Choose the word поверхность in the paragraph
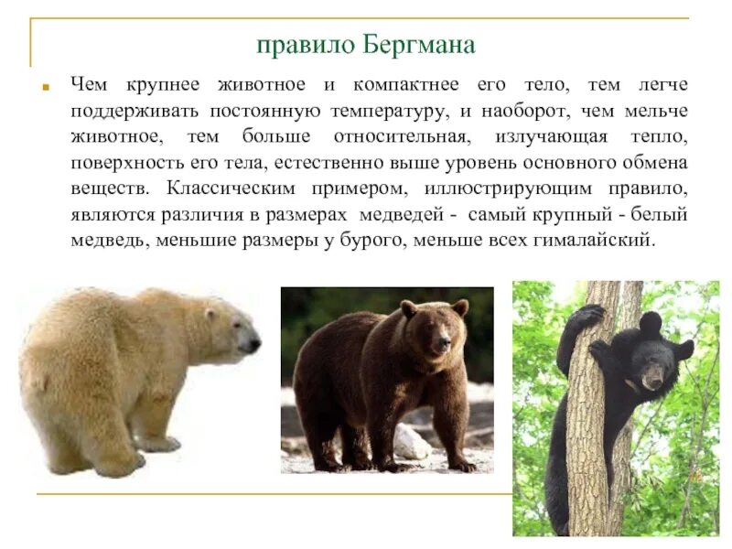point(117,163)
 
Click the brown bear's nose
point(443,345)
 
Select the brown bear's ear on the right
point(460,307)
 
